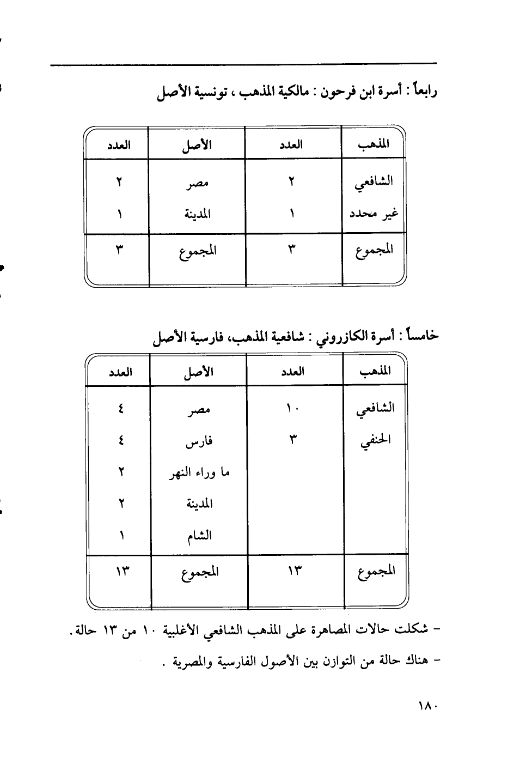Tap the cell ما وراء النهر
[199, 472]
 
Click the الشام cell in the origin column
[199, 536]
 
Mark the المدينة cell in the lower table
[199, 504]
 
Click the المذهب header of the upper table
[374, 144]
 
